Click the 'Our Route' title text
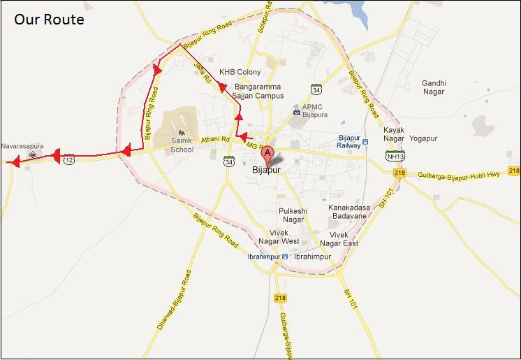point(49,20)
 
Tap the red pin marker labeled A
point(267,154)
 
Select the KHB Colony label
point(240,72)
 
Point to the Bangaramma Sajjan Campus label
point(258,92)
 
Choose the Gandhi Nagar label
point(434,87)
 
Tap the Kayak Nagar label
point(394,134)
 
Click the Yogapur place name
point(423,138)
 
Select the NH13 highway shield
point(395,156)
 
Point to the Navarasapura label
point(22,147)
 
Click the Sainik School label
point(182,145)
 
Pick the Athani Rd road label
point(215,140)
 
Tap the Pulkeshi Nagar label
point(293,215)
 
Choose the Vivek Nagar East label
point(339,239)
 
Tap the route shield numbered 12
point(68,160)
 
